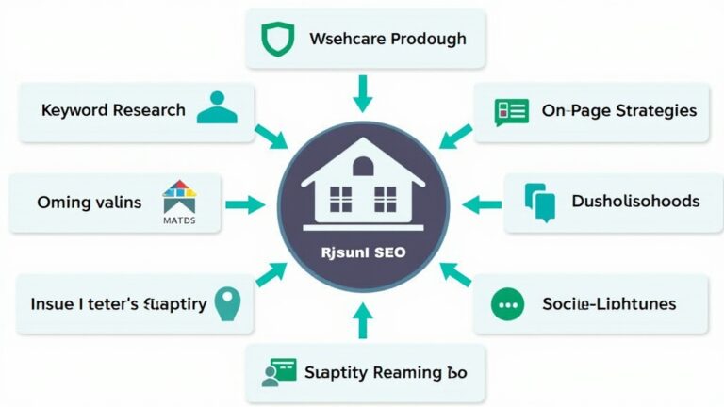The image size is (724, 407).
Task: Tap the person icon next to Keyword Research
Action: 217,109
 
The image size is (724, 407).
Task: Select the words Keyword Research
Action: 113,110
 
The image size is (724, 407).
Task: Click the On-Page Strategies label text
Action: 619,110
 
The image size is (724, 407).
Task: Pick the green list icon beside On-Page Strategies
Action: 511,111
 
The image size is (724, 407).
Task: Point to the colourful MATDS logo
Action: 178,200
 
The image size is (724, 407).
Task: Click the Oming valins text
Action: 89,202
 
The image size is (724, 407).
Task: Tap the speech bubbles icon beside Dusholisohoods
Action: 540,201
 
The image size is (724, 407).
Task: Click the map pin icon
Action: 227,303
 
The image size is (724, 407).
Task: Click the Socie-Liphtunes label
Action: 609,304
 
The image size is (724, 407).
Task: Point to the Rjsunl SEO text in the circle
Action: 363,252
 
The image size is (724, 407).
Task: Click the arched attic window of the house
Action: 363,168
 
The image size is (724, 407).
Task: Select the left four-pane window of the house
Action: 339,198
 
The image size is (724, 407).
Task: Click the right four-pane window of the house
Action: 386,198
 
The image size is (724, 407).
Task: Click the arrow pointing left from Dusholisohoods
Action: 483,202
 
